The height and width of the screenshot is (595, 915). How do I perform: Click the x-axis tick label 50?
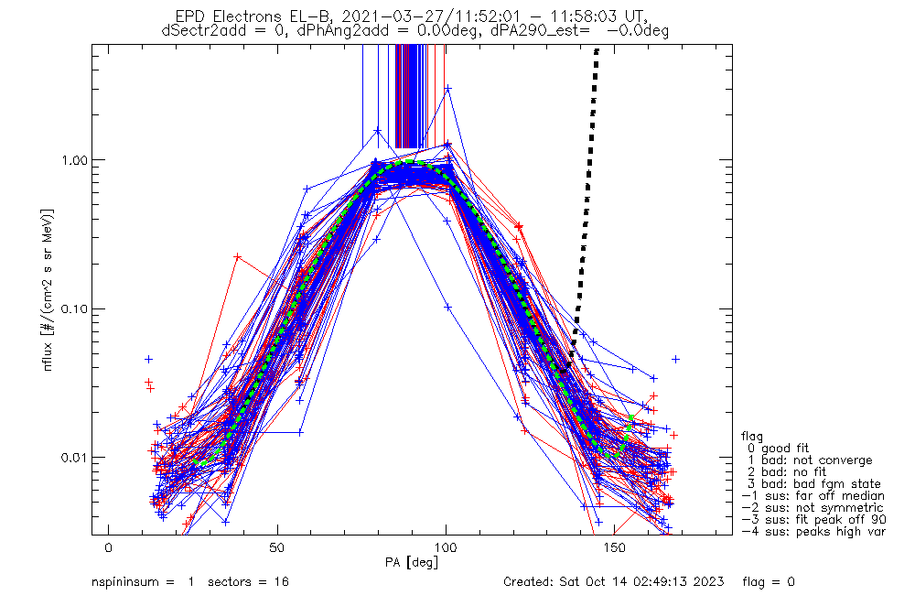[x=277, y=548]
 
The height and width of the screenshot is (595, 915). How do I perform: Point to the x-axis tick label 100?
[x=446, y=548]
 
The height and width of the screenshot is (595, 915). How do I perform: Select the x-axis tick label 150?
[x=614, y=548]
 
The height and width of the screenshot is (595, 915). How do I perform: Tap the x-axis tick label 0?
[x=109, y=548]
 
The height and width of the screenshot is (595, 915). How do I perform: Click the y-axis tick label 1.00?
[x=80, y=159]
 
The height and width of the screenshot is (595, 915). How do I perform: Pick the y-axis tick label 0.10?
[x=80, y=308]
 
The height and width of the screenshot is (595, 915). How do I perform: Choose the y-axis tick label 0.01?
[x=80, y=457]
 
